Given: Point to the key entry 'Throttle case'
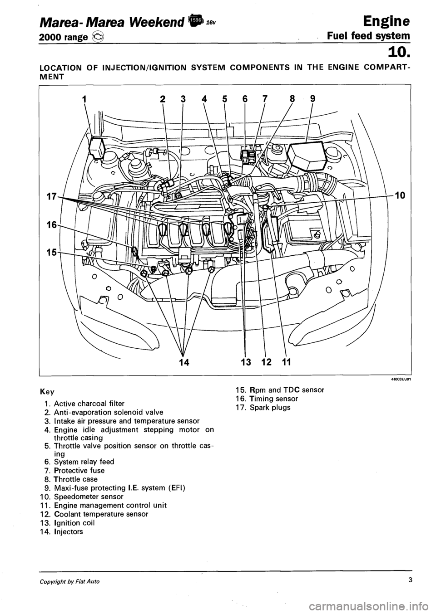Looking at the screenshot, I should tap(69, 479).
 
